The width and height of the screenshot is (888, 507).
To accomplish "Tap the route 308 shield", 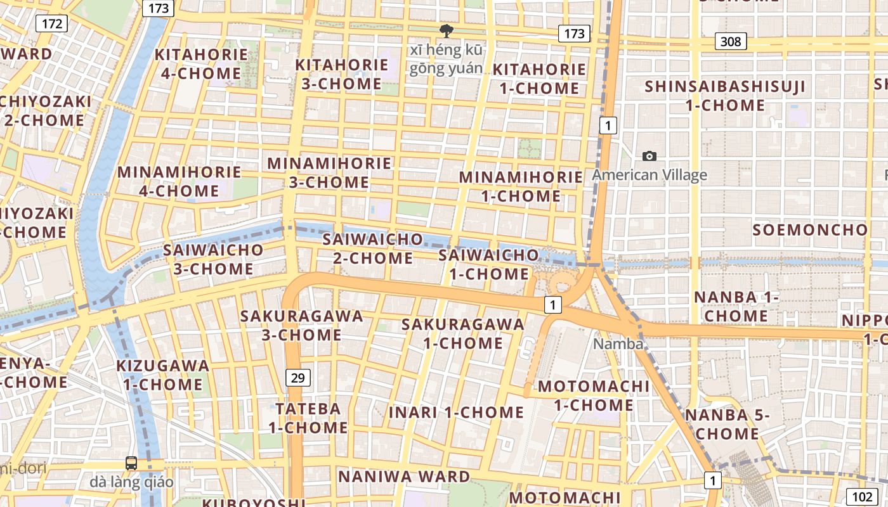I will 731,42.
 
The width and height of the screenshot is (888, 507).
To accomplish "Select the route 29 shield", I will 297,378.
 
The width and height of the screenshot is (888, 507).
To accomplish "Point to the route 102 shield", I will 862,497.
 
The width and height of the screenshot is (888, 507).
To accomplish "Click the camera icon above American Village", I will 650,156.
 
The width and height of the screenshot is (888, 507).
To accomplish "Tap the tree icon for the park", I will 447,30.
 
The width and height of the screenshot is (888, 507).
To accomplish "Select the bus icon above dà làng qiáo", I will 131,463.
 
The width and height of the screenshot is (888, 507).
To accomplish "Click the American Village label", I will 650,175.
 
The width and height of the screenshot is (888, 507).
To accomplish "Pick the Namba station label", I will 618,344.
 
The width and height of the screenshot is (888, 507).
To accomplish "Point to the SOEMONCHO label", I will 810,230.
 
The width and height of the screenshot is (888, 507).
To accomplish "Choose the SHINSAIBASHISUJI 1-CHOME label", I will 725,96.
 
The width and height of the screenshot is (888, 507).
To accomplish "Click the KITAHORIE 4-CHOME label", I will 200,63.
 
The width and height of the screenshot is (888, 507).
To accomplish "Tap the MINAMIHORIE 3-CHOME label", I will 329,172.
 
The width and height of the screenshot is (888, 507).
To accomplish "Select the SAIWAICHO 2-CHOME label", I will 372,248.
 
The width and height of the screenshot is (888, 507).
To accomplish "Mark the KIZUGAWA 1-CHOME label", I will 163,375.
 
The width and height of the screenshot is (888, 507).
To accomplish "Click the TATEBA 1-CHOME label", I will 308,418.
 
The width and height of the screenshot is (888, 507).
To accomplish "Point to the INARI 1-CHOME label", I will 456,413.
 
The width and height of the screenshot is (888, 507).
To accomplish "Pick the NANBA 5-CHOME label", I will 727,424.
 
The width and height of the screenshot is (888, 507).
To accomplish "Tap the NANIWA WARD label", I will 404,477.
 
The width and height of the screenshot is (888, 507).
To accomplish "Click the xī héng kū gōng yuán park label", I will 446,59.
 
